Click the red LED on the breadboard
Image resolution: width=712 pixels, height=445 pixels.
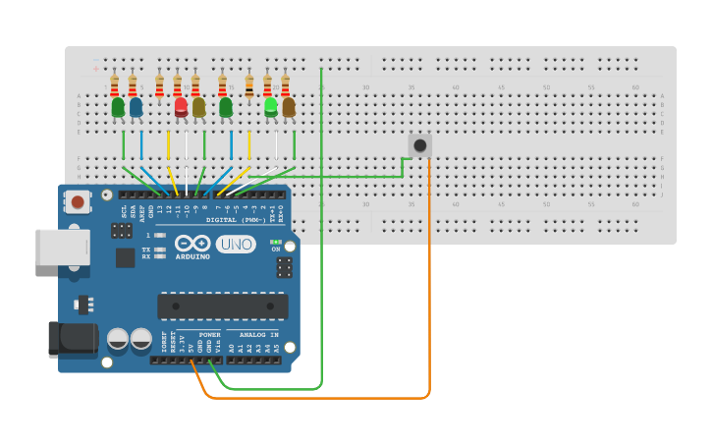(x=181, y=105)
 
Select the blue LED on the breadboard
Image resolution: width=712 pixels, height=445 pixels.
(x=136, y=106)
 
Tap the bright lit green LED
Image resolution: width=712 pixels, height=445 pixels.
(x=270, y=105)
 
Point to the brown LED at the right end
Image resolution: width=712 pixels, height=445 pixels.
(x=288, y=106)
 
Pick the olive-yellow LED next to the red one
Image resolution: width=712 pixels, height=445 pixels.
(x=198, y=106)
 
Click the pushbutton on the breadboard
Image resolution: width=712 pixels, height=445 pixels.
(x=419, y=145)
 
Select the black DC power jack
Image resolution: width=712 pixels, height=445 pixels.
(x=73, y=339)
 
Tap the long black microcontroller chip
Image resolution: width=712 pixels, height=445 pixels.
(x=222, y=306)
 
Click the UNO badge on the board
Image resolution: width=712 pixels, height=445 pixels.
(x=236, y=244)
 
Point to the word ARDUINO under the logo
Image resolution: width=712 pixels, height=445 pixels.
(x=192, y=257)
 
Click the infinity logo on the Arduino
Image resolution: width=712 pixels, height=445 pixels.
(x=192, y=243)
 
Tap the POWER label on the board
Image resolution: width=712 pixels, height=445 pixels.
(x=209, y=335)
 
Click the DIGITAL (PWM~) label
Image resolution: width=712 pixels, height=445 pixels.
(x=242, y=220)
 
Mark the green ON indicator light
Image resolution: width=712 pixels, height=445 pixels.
(x=276, y=242)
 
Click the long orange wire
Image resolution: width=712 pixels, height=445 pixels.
(x=429, y=295)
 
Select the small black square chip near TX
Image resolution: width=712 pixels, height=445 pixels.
(x=125, y=257)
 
